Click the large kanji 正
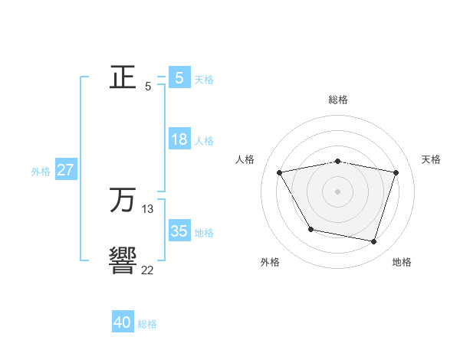coord(123,78)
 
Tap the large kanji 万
coord(123,201)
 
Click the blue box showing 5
coord(179,77)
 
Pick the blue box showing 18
coord(179,139)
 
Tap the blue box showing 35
coord(179,231)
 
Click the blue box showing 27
coord(65,170)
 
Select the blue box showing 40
coord(123,322)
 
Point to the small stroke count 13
coord(148,208)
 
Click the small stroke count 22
coord(147,270)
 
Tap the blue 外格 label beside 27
coord(41,172)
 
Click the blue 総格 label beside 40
coord(147,324)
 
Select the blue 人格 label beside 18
coord(204,141)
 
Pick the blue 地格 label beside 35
coord(204,233)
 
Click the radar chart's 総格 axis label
coord(338,100)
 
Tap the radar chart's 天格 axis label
coord(432,159)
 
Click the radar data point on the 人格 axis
coord(280,173)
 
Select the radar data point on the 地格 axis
coord(373,242)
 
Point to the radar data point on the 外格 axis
coord(310,229)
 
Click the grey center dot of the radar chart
coord(338,191)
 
